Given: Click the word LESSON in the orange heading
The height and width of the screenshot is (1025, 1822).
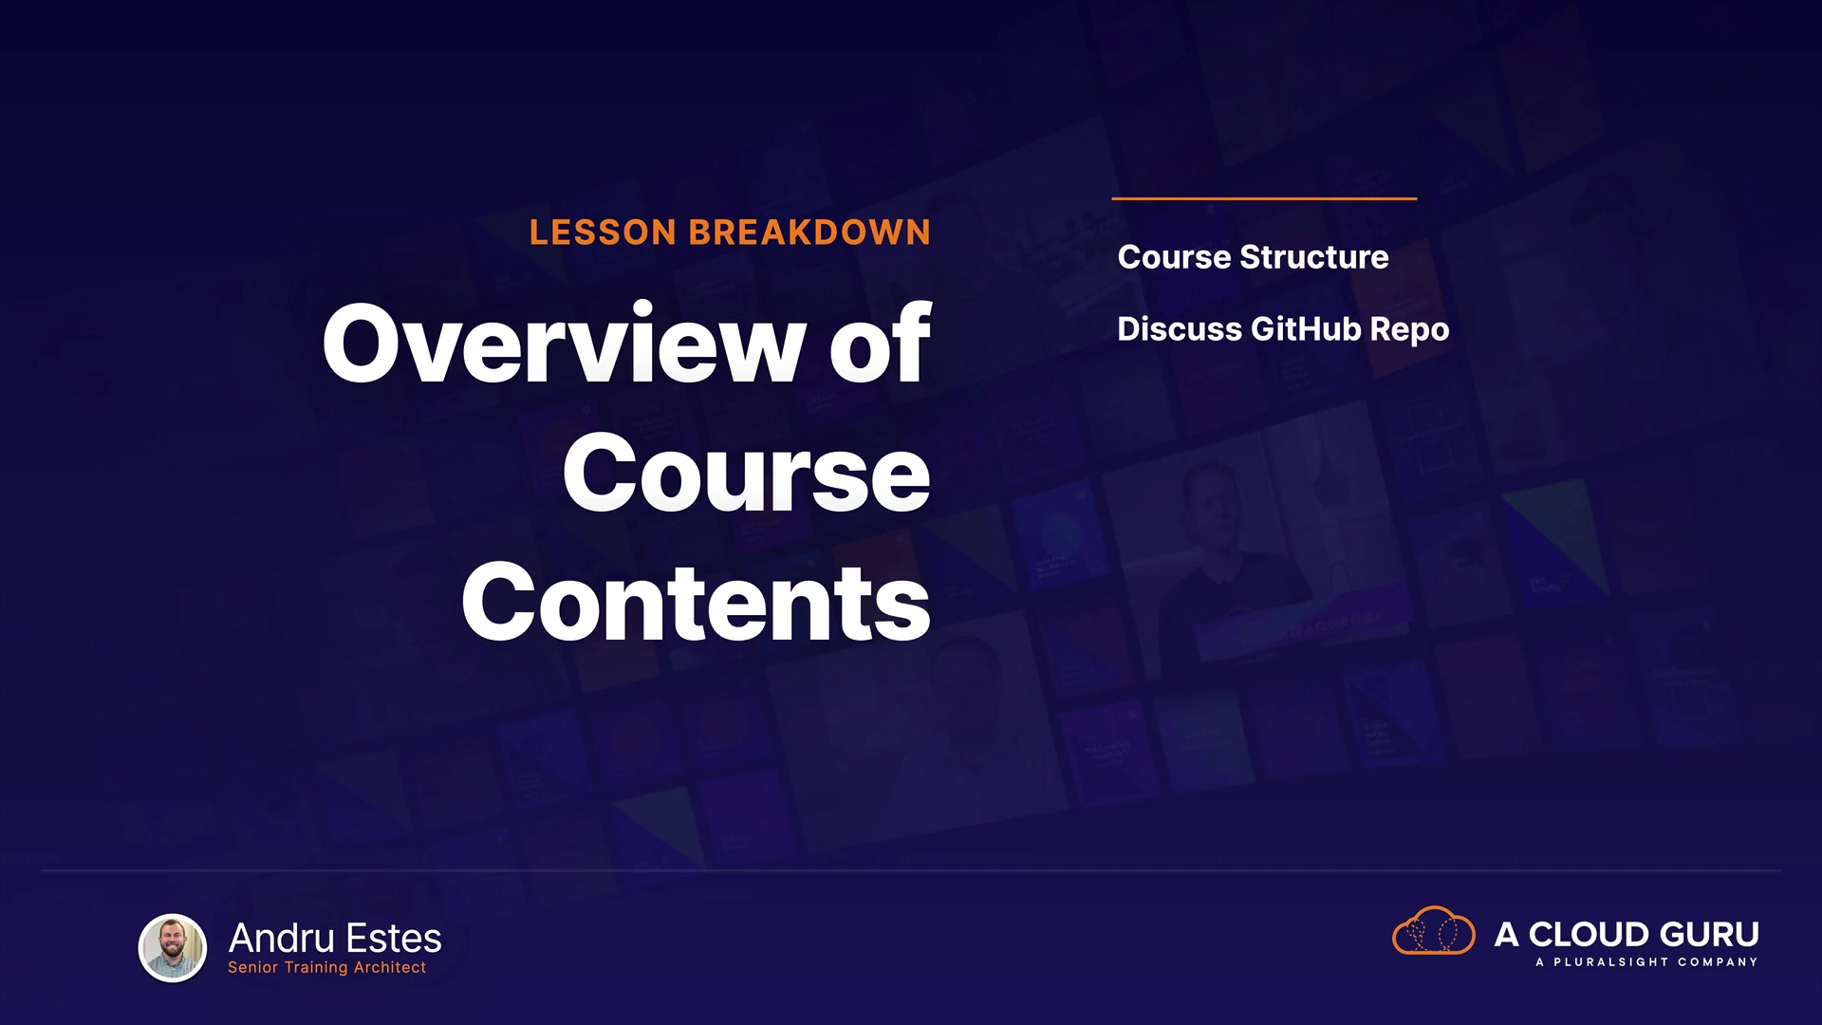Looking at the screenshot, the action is coord(603,233).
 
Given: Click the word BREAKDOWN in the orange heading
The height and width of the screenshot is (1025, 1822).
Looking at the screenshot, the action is coord(809,233).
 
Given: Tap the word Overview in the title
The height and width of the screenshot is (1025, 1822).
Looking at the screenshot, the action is coord(565,343).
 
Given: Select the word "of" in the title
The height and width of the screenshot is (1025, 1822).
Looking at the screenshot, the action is coord(881,343).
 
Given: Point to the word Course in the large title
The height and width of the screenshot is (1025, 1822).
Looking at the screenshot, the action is coord(747,474).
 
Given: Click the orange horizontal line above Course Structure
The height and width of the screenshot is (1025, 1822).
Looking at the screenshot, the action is coord(1264,198).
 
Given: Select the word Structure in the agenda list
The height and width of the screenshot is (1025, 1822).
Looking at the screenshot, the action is coord(1314,257).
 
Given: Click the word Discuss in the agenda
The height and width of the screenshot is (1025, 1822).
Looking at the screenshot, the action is coord(1180,329).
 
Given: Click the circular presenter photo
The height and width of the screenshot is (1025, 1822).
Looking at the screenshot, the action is coord(173,947).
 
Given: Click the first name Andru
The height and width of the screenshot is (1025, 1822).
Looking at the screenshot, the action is coord(282,939).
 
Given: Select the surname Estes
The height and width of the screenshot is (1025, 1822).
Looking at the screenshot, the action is coord(394,939).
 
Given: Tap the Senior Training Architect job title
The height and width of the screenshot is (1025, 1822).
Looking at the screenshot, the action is coord(327,967).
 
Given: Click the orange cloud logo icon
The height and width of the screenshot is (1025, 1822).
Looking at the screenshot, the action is coord(1434,930).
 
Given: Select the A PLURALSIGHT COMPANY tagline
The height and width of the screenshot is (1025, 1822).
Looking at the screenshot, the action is coord(1646,962).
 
